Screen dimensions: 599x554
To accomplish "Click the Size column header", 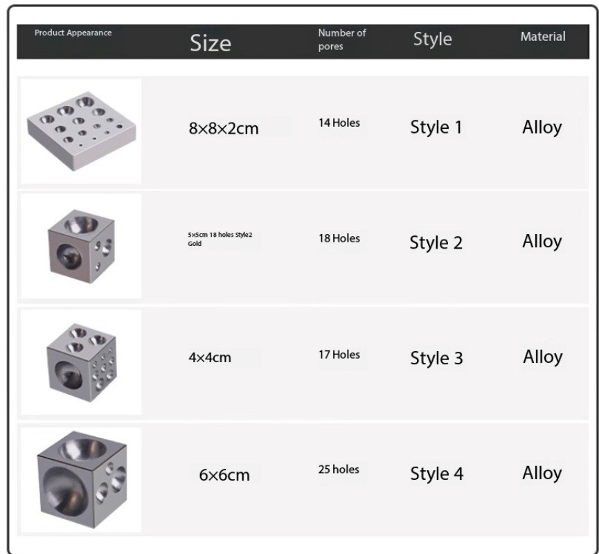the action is point(211,43).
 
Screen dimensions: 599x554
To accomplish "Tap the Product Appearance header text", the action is point(73,33).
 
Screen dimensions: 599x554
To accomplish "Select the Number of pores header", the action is point(342,39).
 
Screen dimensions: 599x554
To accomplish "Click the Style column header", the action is point(432,39).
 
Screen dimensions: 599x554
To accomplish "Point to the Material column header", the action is point(543,37).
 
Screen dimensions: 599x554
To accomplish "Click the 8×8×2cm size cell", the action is point(224,128).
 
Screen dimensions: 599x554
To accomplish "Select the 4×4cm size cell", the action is point(210,357).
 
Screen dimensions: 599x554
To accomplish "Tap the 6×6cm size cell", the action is point(224,475).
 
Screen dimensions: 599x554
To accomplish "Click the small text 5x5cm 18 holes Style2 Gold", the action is point(220,239).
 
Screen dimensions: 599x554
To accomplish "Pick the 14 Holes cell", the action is point(339,123).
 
